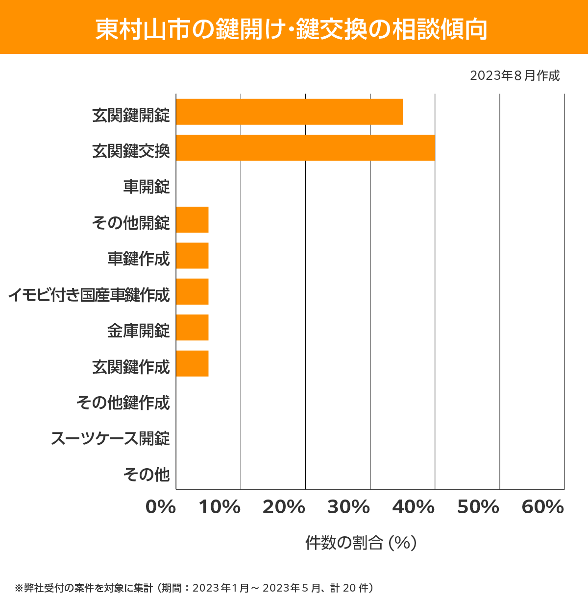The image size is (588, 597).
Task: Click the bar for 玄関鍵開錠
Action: pos(289,112)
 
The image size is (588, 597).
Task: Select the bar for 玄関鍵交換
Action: pos(305,147)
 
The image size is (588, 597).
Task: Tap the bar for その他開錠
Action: pos(192,219)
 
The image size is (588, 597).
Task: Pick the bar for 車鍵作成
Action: pos(192,256)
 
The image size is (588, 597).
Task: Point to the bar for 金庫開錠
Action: pos(192,328)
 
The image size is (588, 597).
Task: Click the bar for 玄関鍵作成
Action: pos(192,363)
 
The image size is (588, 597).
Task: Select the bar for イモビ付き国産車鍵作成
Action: pos(192,291)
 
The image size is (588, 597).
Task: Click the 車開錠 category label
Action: pos(146,187)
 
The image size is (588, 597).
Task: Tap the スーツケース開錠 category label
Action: pos(110,438)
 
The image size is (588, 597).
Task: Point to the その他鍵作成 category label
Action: pos(122,403)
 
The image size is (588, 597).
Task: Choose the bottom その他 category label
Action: pos(146,474)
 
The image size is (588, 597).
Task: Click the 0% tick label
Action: pos(161,507)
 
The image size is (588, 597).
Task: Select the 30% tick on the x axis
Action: pos(348,507)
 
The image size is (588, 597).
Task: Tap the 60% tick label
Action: pos(542,507)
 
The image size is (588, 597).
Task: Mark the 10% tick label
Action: pos(220,507)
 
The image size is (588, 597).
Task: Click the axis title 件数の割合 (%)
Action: pos(361,543)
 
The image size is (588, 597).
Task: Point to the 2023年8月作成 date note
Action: pos(514,76)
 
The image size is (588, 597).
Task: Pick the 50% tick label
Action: pos(478,507)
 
